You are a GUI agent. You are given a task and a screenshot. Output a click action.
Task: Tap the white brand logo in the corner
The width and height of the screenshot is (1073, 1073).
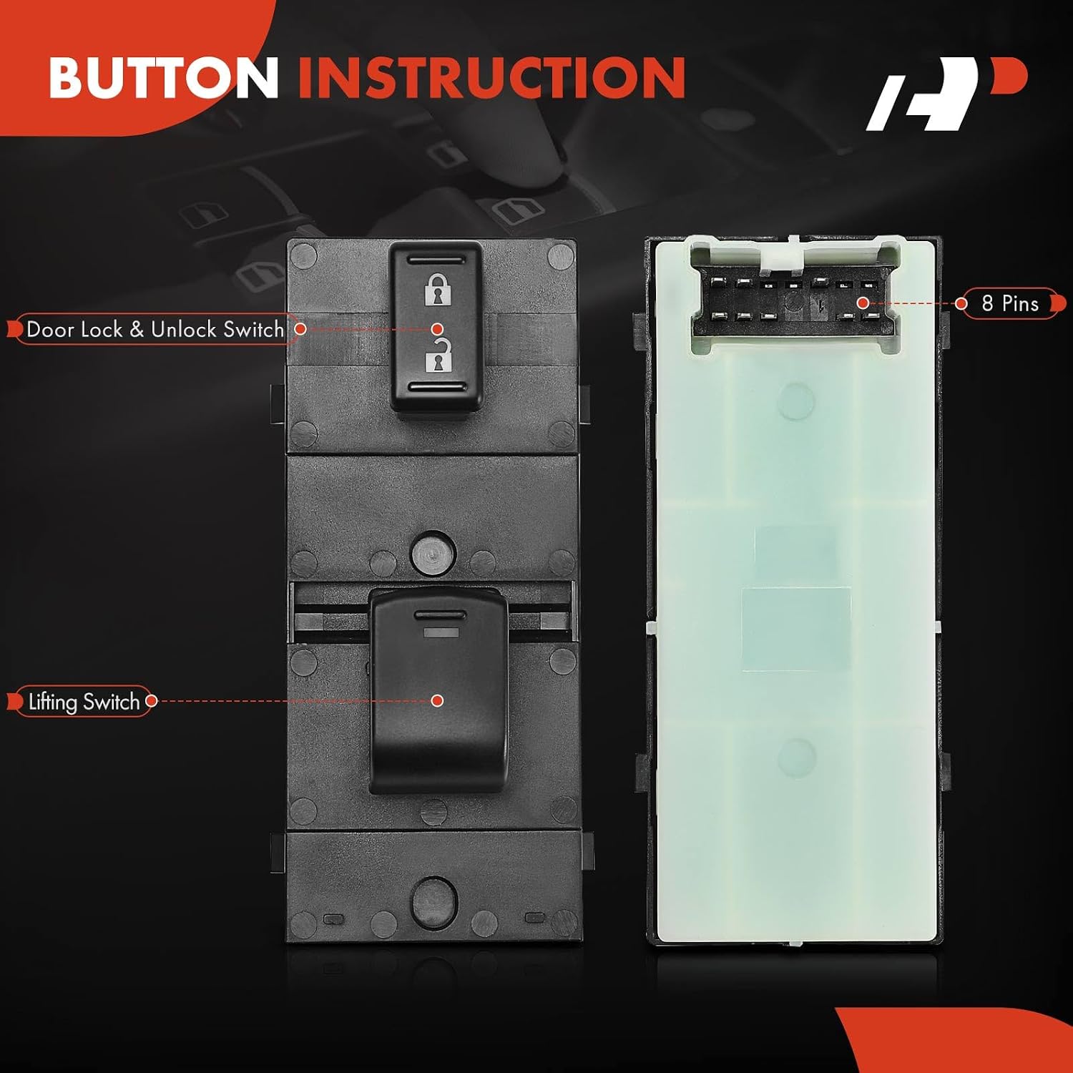(946, 94)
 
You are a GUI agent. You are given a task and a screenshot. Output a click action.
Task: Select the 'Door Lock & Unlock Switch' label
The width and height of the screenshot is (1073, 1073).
(155, 329)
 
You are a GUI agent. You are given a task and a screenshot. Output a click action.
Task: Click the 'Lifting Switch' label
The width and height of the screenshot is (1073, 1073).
(83, 702)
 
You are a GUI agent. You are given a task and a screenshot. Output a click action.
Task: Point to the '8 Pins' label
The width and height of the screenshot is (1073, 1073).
(1009, 303)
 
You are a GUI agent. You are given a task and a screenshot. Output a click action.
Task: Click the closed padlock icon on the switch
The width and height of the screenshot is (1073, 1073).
(438, 290)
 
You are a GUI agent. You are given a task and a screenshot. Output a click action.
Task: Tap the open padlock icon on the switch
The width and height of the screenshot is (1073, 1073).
(438, 354)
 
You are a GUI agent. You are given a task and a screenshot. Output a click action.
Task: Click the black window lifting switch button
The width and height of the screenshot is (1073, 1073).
(438, 690)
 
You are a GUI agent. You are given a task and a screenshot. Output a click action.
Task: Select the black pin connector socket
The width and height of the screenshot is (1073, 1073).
(795, 300)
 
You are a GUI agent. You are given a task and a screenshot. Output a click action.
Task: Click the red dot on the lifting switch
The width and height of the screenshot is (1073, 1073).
(437, 700)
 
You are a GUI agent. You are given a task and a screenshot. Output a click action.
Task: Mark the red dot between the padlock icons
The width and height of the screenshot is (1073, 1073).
(437, 329)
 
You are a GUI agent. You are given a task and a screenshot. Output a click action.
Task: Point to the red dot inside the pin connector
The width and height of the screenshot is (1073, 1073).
(863, 303)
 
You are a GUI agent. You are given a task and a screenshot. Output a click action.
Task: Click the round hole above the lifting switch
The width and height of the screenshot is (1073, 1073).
(433, 554)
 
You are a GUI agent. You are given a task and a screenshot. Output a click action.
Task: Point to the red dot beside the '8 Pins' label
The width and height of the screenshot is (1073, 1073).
(961, 303)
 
